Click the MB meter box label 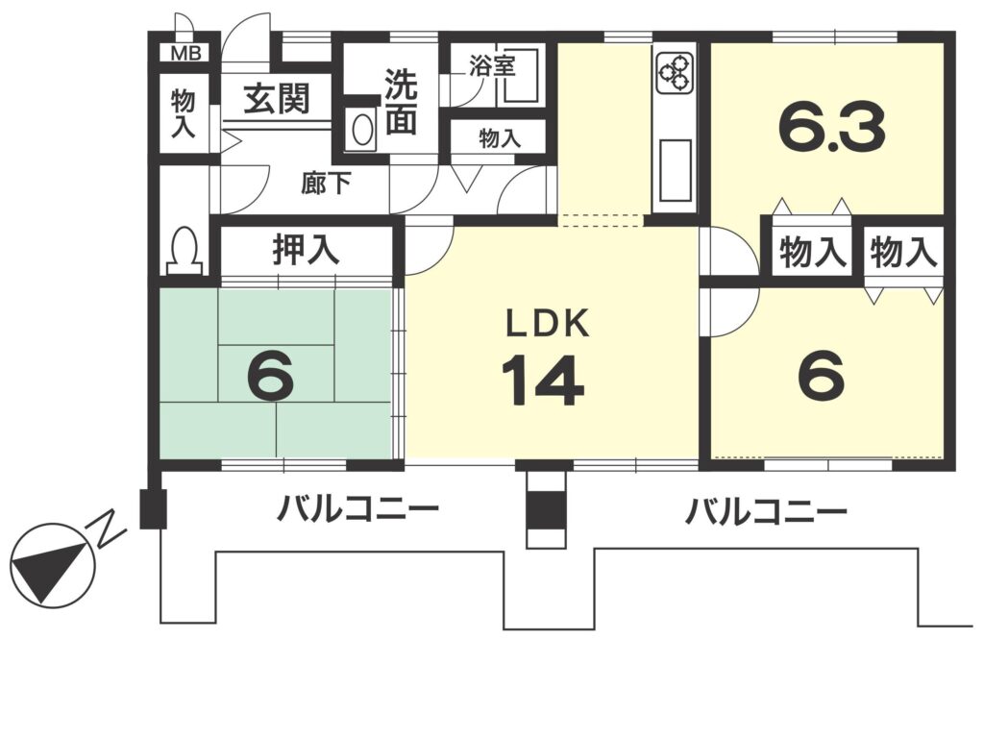click(185, 54)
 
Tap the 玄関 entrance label click(277, 99)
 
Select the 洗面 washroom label click(401, 101)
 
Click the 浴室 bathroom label click(493, 66)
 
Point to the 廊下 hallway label click(326, 184)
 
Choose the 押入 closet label click(307, 249)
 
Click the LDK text click(548, 325)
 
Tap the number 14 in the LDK click(544, 381)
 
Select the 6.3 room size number click(831, 128)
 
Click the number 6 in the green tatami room click(270, 376)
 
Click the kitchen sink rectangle click(675, 170)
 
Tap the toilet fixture click(184, 250)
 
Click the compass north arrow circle click(53, 565)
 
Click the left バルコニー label click(357, 509)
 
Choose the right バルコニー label click(766, 511)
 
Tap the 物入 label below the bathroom click(500, 138)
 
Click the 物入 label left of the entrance click(184, 113)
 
